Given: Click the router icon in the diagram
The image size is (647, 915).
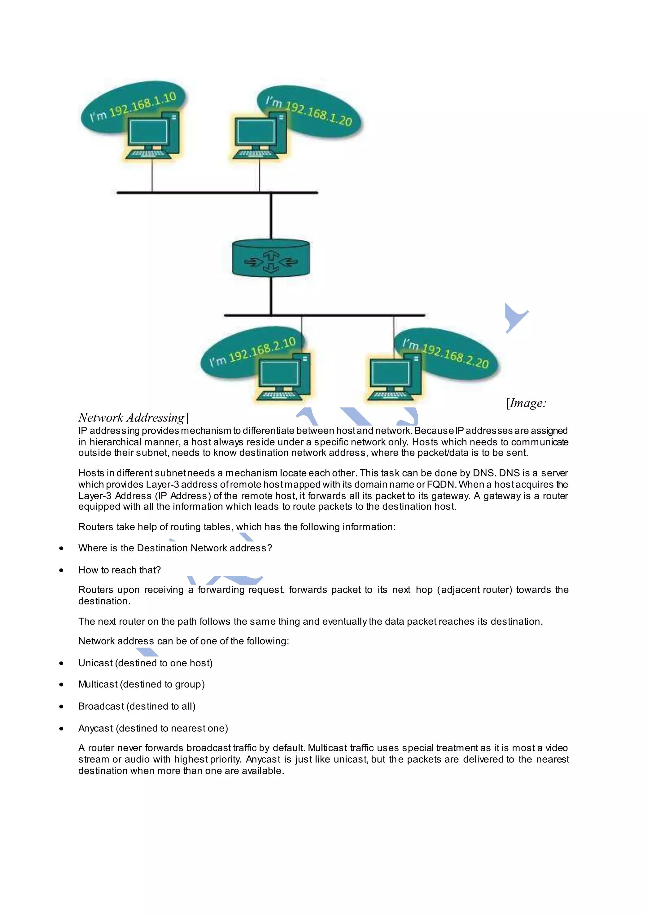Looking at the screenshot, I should [271, 258].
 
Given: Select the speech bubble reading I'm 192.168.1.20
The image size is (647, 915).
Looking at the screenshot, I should [315, 112].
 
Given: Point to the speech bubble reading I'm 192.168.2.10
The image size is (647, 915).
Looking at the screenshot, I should [247, 353].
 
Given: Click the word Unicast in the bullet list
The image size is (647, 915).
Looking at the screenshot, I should [96, 663].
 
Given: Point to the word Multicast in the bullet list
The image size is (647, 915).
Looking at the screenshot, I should [98, 685].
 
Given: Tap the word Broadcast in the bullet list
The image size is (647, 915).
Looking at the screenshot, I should [101, 706].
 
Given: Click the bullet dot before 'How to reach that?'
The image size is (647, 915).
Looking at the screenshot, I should [61, 570].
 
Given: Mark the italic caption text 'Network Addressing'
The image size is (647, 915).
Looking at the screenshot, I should [131, 418].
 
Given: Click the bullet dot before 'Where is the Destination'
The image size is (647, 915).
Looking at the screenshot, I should [61, 548].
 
